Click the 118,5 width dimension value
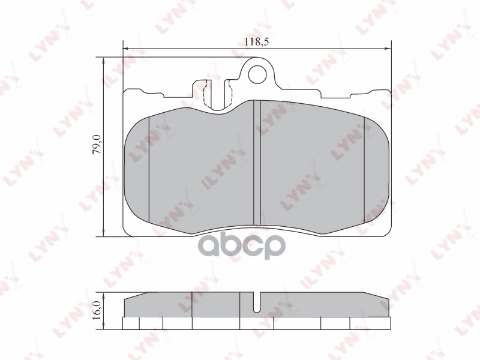tap(257, 41)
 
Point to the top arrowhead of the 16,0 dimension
tap(105, 296)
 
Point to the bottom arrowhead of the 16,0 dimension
tap(105, 326)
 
